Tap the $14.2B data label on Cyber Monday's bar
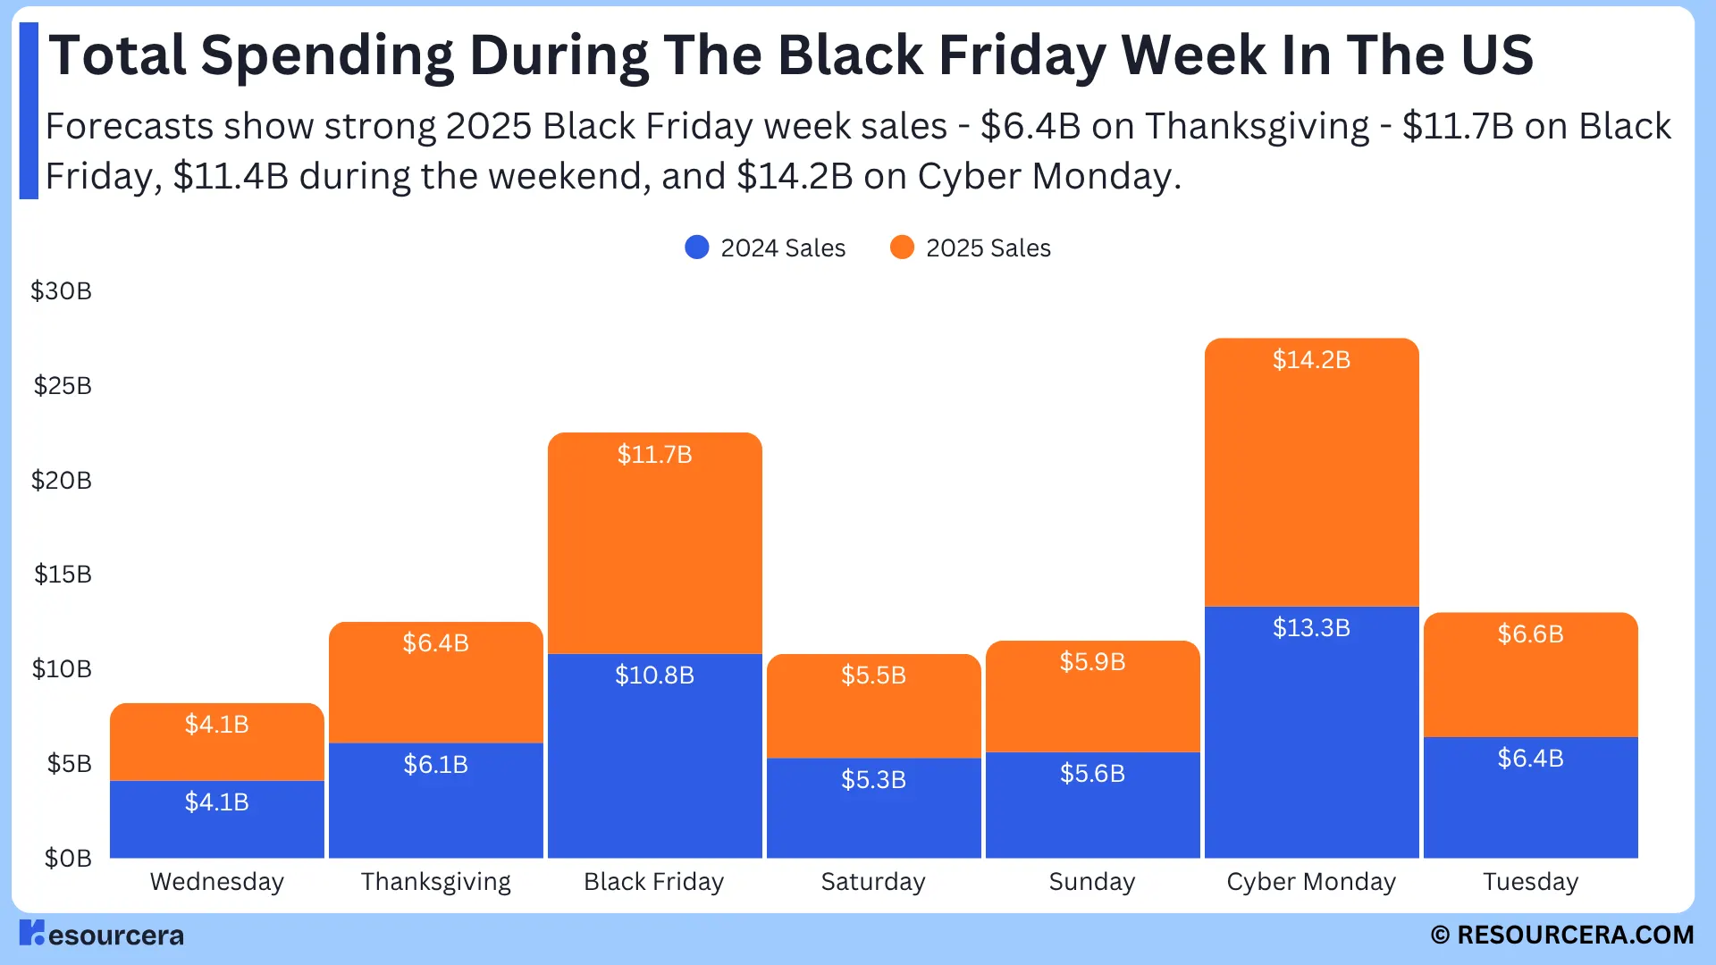tap(1311, 360)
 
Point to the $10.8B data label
tap(654, 675)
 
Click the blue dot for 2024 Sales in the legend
tap(697, 248)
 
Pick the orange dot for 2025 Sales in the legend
tap(902, 248)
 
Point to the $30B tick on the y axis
tap(61, 291)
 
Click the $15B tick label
tap(63, 575)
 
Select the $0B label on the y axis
tap(68, 859)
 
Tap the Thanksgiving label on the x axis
tap(435, 882)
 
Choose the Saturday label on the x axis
tap(873, 882)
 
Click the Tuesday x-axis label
tap(1530, 882)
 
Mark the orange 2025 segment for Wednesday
tap(216, 751)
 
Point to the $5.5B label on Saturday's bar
tap(873, 675)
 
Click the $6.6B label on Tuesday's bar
tap(1530, 634)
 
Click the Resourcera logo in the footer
tap(101, 934)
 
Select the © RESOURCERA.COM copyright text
tap(1561, 935)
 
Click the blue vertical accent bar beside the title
tap(29, 111)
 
